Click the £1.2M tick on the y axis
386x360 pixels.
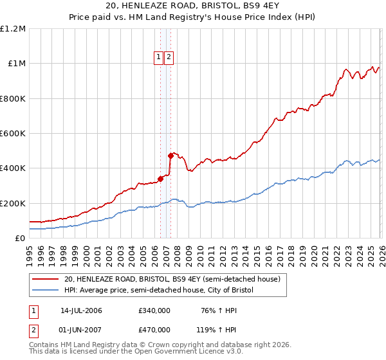pos(13,29)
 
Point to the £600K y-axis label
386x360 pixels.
pos(13,134)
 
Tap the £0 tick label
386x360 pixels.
pos(20,238)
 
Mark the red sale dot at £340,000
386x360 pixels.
pos(160,179)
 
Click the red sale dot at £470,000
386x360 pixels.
pos(170,156)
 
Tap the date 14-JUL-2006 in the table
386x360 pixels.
pos(81,310)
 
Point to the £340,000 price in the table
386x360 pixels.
pos(154,310)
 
